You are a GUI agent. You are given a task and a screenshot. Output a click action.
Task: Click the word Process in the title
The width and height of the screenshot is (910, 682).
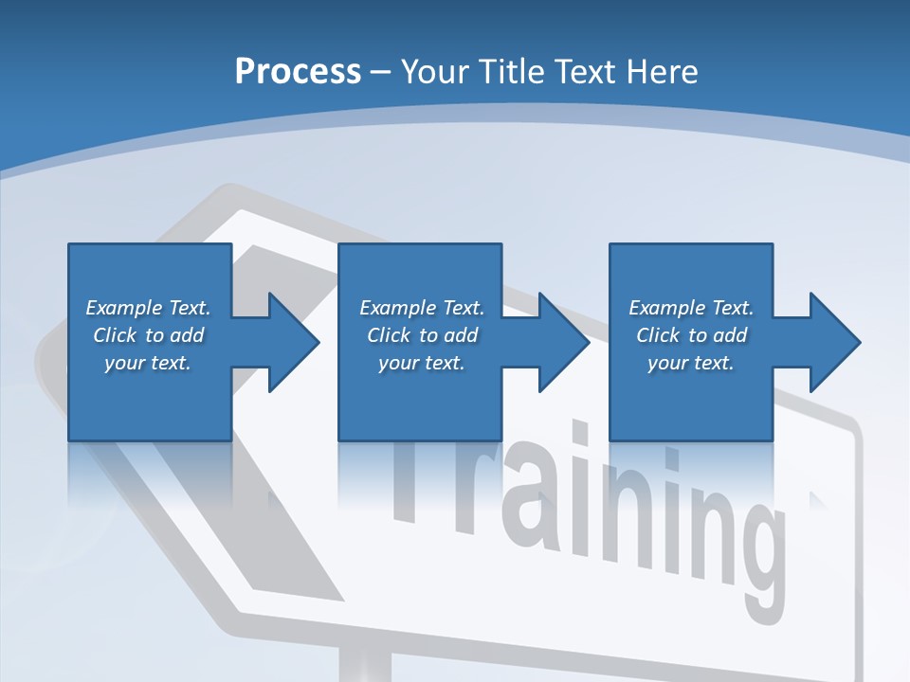[x=298, y=72]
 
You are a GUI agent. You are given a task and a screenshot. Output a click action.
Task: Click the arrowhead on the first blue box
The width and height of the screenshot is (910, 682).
[x=289, y=342]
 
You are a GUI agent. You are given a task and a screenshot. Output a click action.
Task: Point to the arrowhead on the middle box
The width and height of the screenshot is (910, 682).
[x=560, y=342]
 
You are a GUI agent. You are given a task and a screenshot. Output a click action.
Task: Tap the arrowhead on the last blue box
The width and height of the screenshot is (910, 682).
[x=831, y=342]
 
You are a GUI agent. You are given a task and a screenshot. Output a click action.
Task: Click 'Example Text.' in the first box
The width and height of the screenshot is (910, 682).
[x=148, y=308]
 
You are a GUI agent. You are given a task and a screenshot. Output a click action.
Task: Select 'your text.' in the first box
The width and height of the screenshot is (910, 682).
[x=148, y=363]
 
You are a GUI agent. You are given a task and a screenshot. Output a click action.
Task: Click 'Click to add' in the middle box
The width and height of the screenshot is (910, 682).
[x=422, y=335]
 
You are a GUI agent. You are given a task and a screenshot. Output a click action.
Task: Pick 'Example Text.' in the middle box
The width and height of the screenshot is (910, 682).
[x=422, y=308]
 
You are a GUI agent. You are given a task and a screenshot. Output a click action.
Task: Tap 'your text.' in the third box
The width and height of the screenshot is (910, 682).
[x=691, y=363]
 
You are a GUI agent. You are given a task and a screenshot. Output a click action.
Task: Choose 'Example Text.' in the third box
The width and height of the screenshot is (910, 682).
[x=691, y=308]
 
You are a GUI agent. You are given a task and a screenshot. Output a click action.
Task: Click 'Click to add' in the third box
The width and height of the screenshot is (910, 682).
[x=691, y=335]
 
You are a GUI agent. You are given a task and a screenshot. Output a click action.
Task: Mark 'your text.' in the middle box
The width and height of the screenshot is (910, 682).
[x=422, y=363]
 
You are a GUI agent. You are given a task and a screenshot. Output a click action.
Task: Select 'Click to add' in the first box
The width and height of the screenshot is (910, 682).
[x=148, y=335]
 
